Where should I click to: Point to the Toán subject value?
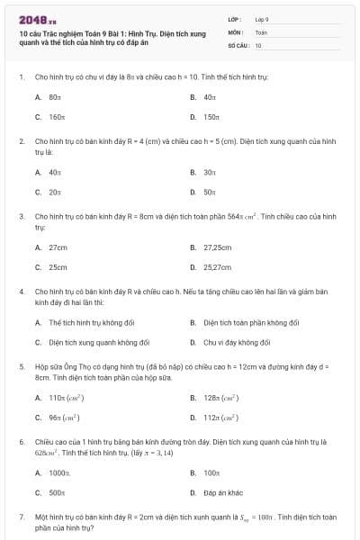[x=261, y=31]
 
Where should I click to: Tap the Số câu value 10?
[x=258, y=45]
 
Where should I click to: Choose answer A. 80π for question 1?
[x=55, y=96]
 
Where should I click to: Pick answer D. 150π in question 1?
[x=211, y=117]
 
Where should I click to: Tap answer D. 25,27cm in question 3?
[x=217, y=267]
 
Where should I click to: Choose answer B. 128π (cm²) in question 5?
[x=219, y=397]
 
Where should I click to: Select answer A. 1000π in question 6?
[x=59, y=472]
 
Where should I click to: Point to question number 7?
[x=21, y=517]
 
